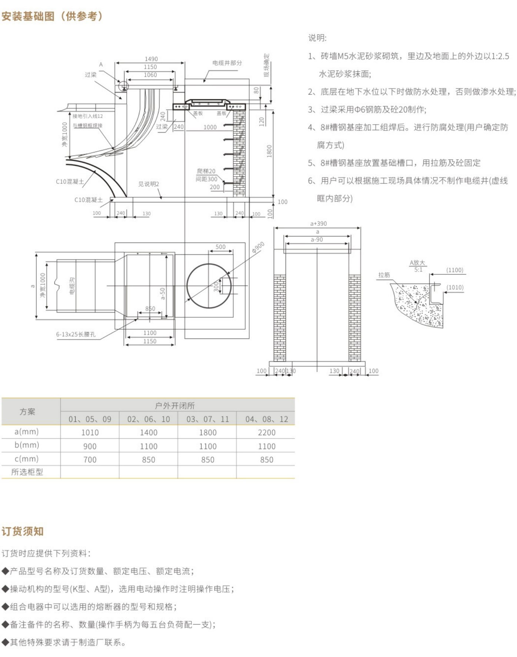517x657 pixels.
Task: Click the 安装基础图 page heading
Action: coord(52,16)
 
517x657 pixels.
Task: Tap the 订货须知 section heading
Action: coord(23,531)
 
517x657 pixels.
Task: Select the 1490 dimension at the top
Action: coord(151,59)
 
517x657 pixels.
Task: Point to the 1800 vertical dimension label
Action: coord(269,151)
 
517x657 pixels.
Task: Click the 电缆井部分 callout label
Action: coord(227,63)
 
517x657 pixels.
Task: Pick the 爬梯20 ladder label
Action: coord(206,171)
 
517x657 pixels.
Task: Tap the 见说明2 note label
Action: coord(149,184)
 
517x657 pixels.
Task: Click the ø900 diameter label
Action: coord(258,247)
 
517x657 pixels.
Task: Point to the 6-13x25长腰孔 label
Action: coord(76,334)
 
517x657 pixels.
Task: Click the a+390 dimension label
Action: coord(318,224)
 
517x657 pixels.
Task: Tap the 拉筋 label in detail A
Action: coord(384,275)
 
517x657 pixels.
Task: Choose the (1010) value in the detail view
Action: coord(455,287)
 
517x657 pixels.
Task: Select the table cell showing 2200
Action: coord(266,432)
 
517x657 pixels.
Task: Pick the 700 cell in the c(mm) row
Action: coord(90,460)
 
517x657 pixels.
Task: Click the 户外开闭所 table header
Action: coord(174,406)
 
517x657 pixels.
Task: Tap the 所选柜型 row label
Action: coord(27,472)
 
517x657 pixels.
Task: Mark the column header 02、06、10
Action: coord(149,419)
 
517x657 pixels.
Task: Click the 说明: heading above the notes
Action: coord(317,38)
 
